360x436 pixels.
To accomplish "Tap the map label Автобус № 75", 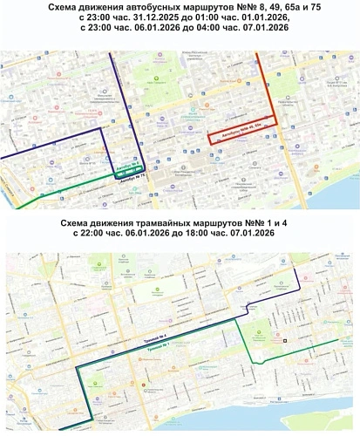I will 129,175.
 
